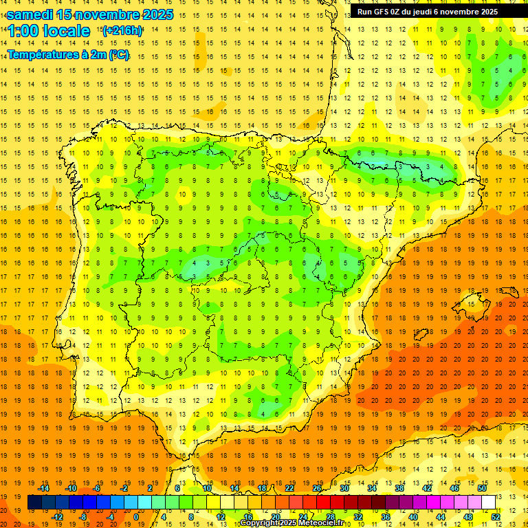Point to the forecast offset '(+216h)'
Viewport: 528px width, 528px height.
click(122, 31)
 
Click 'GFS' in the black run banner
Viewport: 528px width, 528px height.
click(382, 12)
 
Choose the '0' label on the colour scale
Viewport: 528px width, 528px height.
click(136, 516)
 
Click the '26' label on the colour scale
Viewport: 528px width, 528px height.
click(317, 488)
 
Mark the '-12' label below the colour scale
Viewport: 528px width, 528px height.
click(57, 516)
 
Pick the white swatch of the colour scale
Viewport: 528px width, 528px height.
click(488, 503)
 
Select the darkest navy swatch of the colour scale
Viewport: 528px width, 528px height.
click(34, 503)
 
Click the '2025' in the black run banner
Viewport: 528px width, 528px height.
click(489, 12)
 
